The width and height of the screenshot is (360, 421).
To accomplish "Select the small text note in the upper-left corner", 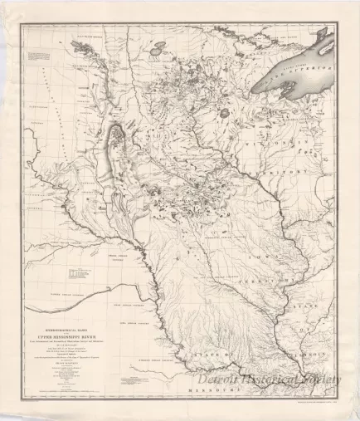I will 37,58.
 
